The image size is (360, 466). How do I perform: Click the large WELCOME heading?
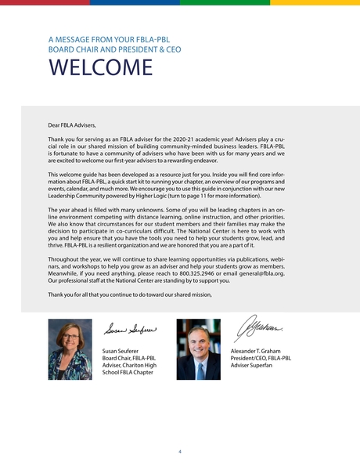point(99,68)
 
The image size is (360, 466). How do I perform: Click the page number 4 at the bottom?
point(180,452)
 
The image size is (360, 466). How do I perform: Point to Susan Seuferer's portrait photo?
point(70,349)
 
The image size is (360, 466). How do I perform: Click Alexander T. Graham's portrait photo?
point(198,349)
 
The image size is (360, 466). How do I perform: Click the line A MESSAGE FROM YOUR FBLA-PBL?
point(109,38)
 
